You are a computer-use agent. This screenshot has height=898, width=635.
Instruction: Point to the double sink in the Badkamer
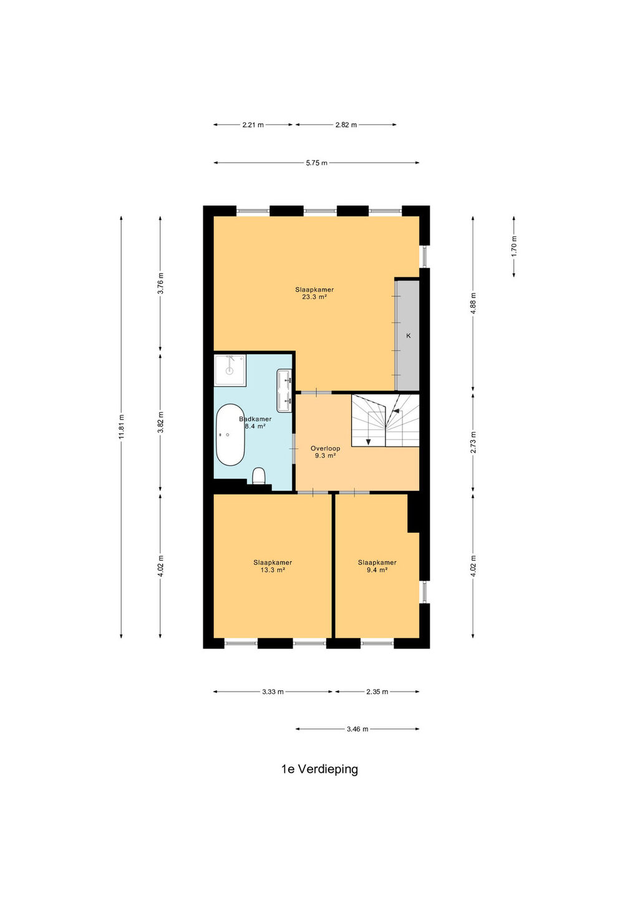pos(284,390)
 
